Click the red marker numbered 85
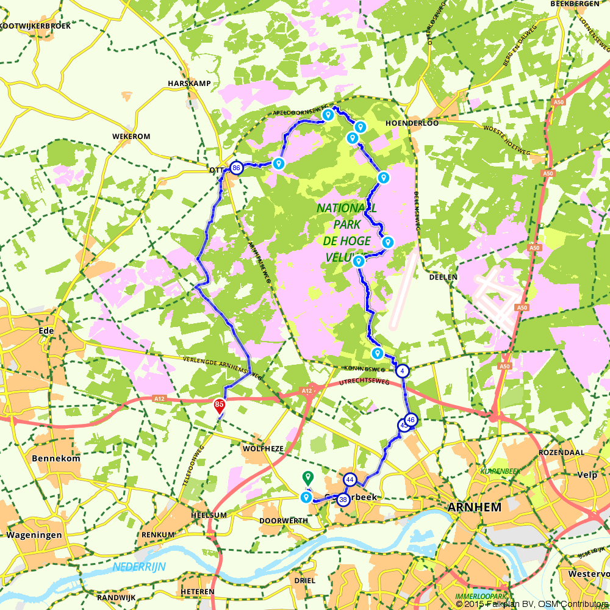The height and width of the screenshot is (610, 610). pyautogui.click(x=220, y=405)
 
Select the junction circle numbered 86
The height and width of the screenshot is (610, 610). pyautogui.click(x=237, y=168)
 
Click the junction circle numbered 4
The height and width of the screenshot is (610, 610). pyautogui.click(x=403, y=370)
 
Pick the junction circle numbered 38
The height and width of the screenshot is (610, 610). pyautogui.click(x=343, y=500)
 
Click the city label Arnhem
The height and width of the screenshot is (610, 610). pyautogui.click(x=474, y=507)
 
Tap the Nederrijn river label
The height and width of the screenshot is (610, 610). pyautogui.click(x=139, y=567)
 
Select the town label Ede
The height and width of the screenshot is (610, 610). pyautogui.click(x=46, y=331)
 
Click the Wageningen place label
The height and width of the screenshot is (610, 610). pyautogui.click(x=34, y=535)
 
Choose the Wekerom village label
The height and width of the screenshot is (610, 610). pyautogui.click(x=131, y=136)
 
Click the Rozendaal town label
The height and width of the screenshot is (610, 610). pyautogui.click(x=561, y=452)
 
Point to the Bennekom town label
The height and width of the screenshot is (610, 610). pyautogui.click(x=56, y=458)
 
